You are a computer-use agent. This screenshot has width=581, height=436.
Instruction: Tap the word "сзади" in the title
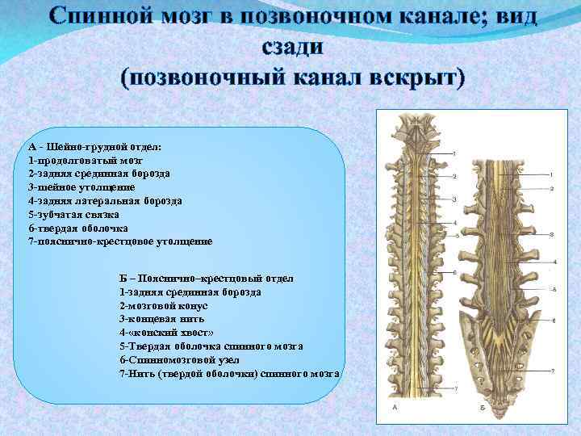tap(292, 48)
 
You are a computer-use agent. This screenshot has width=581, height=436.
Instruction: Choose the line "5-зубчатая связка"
tap(73, 214)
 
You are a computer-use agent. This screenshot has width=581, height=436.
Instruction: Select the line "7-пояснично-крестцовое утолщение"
tap(120, 241)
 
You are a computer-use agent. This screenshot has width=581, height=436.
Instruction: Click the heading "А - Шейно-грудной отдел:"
tap(95, 147)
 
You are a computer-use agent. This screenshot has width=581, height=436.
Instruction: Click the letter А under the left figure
tap(394, 409)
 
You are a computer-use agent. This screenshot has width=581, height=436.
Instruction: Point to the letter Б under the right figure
tap(482, 409)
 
